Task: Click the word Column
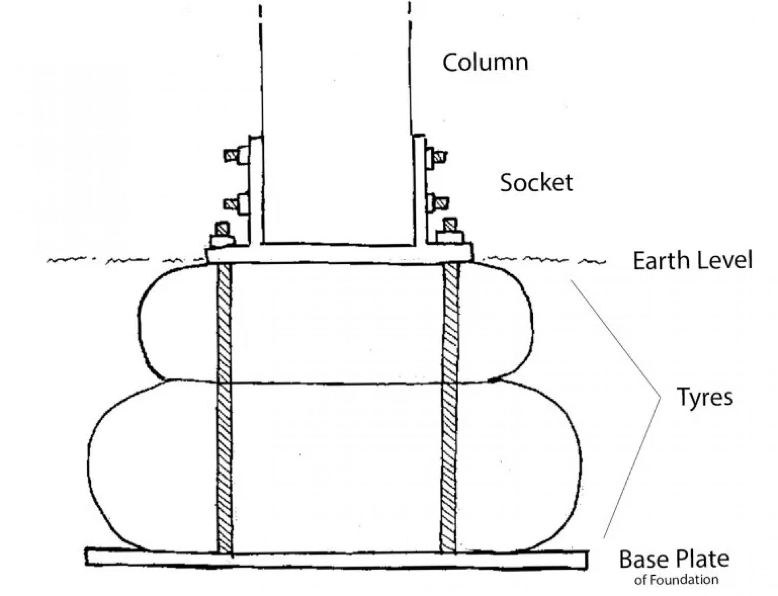485,63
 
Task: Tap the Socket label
536,183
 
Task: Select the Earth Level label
693,260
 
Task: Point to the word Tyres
705,397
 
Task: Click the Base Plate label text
674,560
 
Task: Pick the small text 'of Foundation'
676,580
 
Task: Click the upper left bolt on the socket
237,155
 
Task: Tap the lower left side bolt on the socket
237,203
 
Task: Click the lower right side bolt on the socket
436,202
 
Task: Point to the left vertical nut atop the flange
222,235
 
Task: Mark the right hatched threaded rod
450,408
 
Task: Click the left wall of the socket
256,190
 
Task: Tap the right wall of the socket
419,190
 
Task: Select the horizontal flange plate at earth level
339,254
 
